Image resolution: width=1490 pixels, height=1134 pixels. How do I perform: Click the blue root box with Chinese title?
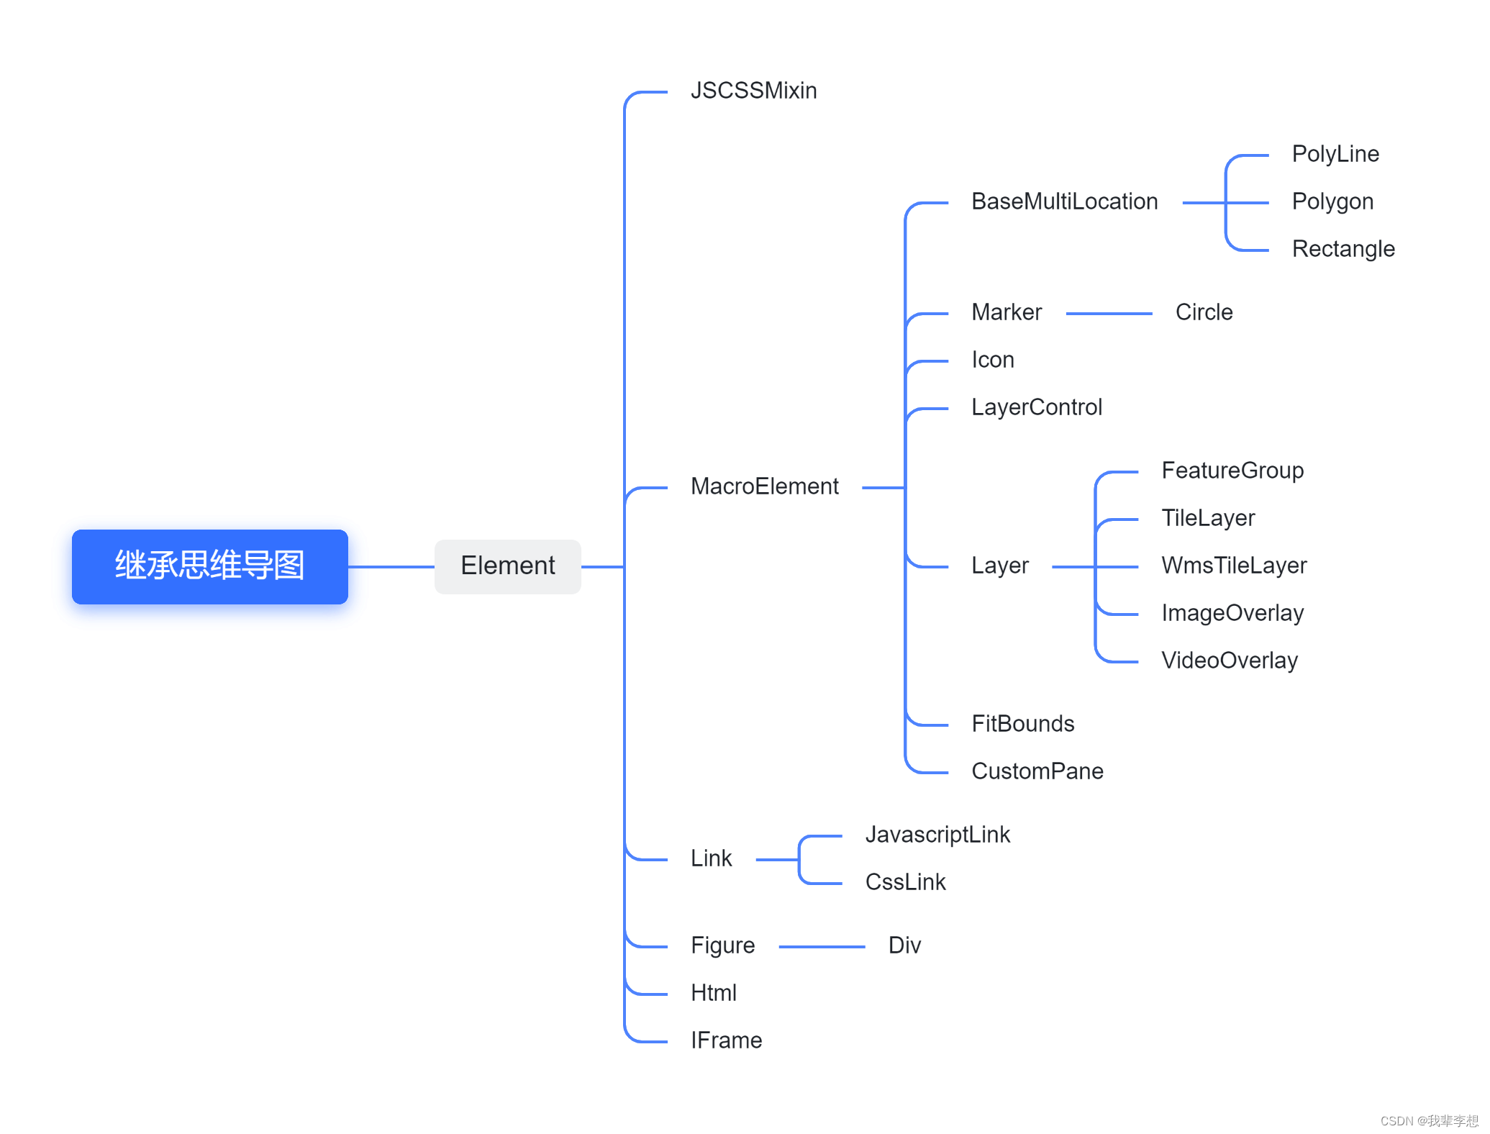(209, 566)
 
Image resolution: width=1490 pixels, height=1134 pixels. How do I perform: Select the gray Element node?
(507, 566)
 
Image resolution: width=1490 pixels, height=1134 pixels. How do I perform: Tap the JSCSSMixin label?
(753, 91)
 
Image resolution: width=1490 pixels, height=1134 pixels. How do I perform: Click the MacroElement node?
(764, 486)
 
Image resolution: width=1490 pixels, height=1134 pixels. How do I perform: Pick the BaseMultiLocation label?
(1064, 201)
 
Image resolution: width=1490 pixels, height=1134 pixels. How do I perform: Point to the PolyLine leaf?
(1335, 154)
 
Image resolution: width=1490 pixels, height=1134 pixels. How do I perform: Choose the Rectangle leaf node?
(1343, 249)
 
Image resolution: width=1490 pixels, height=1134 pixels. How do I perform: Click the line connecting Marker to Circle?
(1108, 314)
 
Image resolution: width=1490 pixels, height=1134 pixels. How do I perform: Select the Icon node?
(992, 360)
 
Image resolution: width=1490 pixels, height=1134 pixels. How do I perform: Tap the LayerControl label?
(1036, 407)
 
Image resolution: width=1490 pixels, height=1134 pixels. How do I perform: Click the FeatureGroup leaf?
(1232, 471)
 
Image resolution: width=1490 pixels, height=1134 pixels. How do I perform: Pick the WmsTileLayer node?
(1233, 566)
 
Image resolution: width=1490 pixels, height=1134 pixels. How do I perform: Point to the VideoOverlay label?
(1229, 661)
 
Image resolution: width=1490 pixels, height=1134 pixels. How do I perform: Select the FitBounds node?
(1022, 724)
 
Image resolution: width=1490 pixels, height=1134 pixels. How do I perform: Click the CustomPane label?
(1037, 771)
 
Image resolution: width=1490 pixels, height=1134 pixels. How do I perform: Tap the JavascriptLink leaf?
(937, 835)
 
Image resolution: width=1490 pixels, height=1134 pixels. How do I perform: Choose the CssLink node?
(905, 882)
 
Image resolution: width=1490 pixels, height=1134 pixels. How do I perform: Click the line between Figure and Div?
(821, 947)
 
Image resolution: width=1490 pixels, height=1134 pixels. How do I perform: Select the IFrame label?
(726, 1040)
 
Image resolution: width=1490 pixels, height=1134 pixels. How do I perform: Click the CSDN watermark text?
(1428, 1120)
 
